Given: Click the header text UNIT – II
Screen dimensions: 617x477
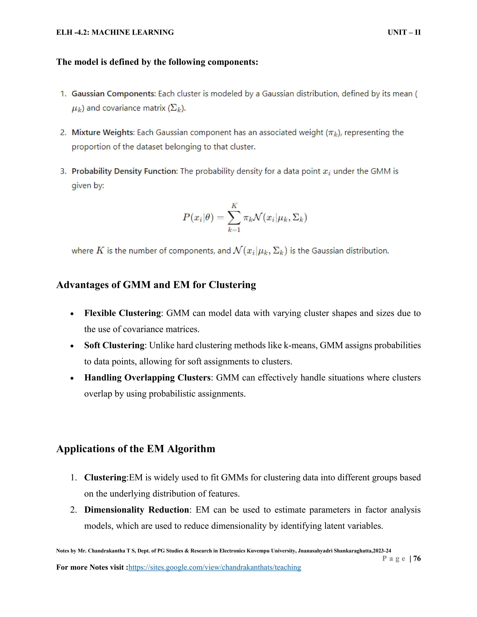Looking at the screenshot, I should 404,33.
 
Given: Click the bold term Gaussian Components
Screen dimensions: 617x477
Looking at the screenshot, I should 113,94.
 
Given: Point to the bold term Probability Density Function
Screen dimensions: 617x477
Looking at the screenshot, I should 124,171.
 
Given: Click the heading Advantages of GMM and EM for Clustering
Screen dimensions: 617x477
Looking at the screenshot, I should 156,285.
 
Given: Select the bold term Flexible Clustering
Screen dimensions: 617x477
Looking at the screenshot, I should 122,313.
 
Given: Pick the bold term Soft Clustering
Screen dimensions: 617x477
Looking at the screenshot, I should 114,345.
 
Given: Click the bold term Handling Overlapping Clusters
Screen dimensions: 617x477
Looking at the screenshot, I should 147,378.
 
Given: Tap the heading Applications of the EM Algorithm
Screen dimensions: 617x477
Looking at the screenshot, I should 136,449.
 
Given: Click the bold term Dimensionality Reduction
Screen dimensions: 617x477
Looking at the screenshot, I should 136,510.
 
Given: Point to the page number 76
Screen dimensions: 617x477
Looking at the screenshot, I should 417,559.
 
